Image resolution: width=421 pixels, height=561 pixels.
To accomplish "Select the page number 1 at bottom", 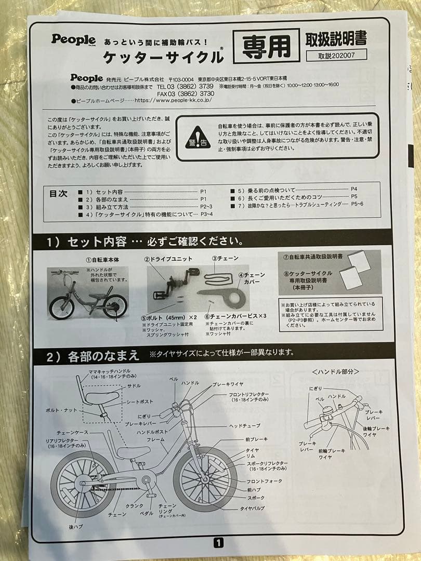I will (218, 543).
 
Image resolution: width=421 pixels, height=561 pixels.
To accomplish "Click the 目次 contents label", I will (58, 193).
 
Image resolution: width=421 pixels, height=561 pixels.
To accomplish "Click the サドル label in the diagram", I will (134, 386).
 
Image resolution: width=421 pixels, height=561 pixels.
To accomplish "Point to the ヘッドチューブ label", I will (245, 425).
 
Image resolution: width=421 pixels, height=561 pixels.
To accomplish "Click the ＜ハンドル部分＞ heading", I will (335, 371).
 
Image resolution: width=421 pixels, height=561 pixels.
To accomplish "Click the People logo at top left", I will (73, 39).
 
